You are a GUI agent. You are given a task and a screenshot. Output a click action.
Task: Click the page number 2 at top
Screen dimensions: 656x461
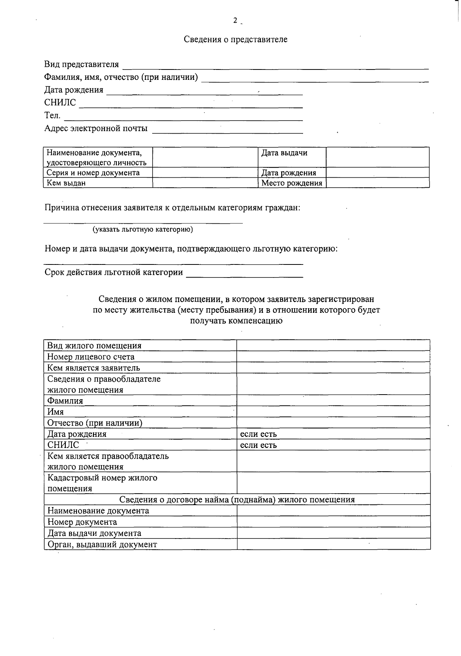pos(235,21)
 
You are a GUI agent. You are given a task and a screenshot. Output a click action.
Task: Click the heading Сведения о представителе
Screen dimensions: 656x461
pos(235,40)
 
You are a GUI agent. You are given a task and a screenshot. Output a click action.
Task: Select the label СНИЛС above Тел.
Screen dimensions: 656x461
pos(60,103)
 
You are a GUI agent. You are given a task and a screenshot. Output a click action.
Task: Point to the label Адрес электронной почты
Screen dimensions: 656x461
pos(96,129)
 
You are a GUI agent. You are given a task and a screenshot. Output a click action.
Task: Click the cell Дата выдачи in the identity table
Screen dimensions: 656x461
pos(284,153)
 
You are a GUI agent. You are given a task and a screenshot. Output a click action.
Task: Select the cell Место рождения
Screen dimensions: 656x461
pos(292,183)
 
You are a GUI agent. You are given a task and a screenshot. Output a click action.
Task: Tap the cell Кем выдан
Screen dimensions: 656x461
pos(66,183)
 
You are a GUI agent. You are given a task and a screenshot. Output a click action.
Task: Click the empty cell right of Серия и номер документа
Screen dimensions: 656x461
pos(204,173)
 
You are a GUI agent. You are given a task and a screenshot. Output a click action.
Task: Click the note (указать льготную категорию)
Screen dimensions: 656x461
pos(143,230)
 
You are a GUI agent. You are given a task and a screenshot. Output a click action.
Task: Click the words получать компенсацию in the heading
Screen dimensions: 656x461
pos(236,321)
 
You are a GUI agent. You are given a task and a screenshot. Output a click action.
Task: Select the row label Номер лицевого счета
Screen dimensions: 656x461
pos(91,357)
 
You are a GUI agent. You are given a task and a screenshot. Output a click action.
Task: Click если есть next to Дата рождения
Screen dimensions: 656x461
pos(258,434)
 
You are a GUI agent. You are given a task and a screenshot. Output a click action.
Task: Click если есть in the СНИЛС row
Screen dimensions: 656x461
pos(258,445)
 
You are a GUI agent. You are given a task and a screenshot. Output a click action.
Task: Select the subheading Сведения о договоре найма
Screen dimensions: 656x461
pos(237,500)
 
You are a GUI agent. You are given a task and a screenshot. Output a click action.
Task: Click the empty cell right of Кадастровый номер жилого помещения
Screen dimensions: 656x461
pos(333,483)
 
